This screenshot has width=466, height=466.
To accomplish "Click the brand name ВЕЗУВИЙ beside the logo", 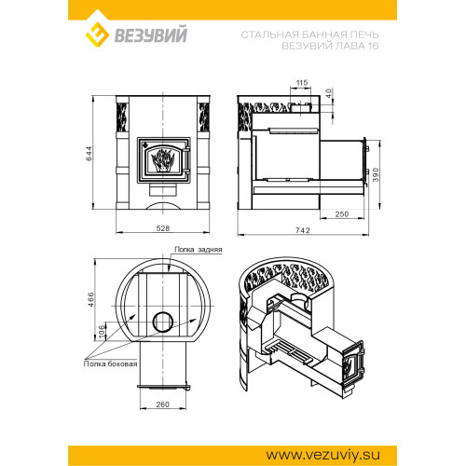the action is coord(151,34).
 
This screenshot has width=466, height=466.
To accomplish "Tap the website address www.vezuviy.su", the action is coord(323,456).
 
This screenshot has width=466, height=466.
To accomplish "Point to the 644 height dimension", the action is coord(89,153).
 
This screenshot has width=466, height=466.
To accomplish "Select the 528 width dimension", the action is coord(163,228).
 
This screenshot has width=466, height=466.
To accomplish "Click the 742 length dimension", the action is coord(303,230).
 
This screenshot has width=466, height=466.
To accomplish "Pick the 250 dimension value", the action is coord(342,214).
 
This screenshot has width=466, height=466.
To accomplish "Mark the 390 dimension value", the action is coord(376,174).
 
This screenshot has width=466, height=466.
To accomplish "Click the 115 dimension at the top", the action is coord(302,83).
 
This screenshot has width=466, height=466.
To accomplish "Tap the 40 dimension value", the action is coord(329,93).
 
